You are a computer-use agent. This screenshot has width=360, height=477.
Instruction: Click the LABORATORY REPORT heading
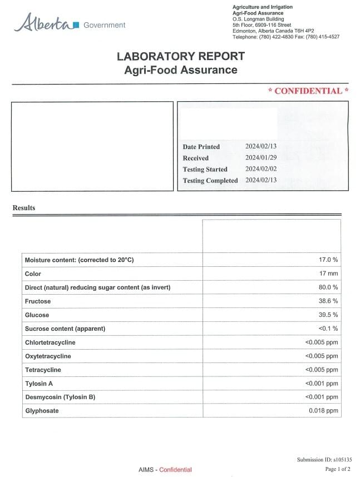point(181,56)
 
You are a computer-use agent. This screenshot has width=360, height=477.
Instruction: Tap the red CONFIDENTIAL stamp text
point(308,91)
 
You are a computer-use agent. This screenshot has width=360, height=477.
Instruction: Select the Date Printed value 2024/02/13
point(261,146)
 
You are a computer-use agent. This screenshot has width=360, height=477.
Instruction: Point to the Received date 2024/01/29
point(261,158)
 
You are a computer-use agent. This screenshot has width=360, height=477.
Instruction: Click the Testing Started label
point(205,169)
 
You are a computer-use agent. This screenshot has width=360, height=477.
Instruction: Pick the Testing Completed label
point(210,181)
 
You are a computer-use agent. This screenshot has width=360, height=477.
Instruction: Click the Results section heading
point(24,208)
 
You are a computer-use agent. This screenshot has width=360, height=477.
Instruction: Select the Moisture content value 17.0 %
point(327,260)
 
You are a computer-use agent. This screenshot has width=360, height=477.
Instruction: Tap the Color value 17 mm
point(328,274)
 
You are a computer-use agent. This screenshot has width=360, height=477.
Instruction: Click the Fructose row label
point(38,301)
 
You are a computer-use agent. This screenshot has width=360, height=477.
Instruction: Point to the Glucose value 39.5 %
point(327,315)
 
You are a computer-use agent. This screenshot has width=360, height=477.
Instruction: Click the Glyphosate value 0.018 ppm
point(323,411)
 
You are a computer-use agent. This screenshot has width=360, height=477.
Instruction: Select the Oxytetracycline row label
point(48,356)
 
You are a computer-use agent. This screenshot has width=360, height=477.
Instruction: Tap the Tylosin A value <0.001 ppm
point(322,384)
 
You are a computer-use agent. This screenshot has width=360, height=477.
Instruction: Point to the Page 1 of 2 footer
point(337,469)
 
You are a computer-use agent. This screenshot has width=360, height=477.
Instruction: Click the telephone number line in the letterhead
point(285,37)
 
